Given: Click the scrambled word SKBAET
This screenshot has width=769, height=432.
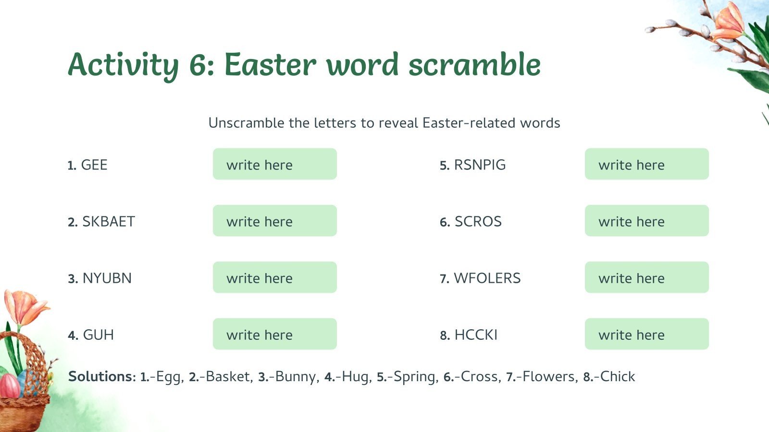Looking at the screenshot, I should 109,222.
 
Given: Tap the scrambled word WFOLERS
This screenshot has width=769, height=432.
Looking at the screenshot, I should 487,278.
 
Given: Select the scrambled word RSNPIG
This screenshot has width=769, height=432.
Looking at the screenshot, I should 480,165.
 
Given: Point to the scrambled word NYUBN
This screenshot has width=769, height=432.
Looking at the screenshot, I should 107,278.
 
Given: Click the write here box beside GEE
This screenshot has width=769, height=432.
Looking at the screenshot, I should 274,164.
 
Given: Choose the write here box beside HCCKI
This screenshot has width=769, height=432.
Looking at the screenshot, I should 646,334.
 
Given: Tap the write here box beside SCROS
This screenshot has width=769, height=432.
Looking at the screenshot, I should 646,221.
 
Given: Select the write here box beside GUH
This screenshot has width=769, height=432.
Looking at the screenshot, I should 274,334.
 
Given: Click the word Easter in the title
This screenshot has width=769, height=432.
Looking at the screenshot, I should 271,65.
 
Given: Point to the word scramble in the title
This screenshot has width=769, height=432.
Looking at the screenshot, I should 474,65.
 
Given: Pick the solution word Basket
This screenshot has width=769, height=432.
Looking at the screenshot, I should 228,376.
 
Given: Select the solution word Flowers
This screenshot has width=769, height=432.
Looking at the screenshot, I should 548,376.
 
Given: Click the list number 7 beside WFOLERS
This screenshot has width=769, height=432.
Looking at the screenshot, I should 444,279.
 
